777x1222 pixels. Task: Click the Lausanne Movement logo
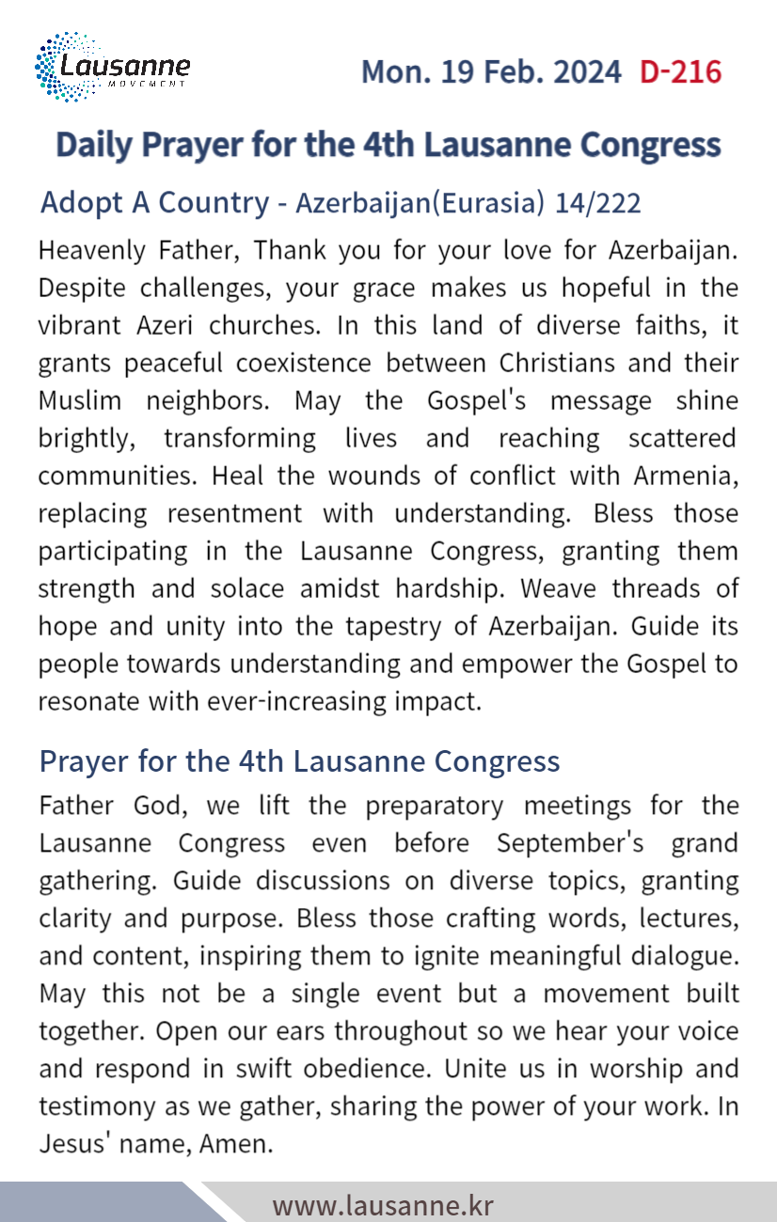112,68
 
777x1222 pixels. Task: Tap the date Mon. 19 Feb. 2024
491,71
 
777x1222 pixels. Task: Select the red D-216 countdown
680,71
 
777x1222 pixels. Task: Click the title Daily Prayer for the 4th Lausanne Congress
388,145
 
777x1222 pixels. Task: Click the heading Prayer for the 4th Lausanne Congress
299,761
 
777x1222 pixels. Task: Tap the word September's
570,843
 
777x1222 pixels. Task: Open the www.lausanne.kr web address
383,1205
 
